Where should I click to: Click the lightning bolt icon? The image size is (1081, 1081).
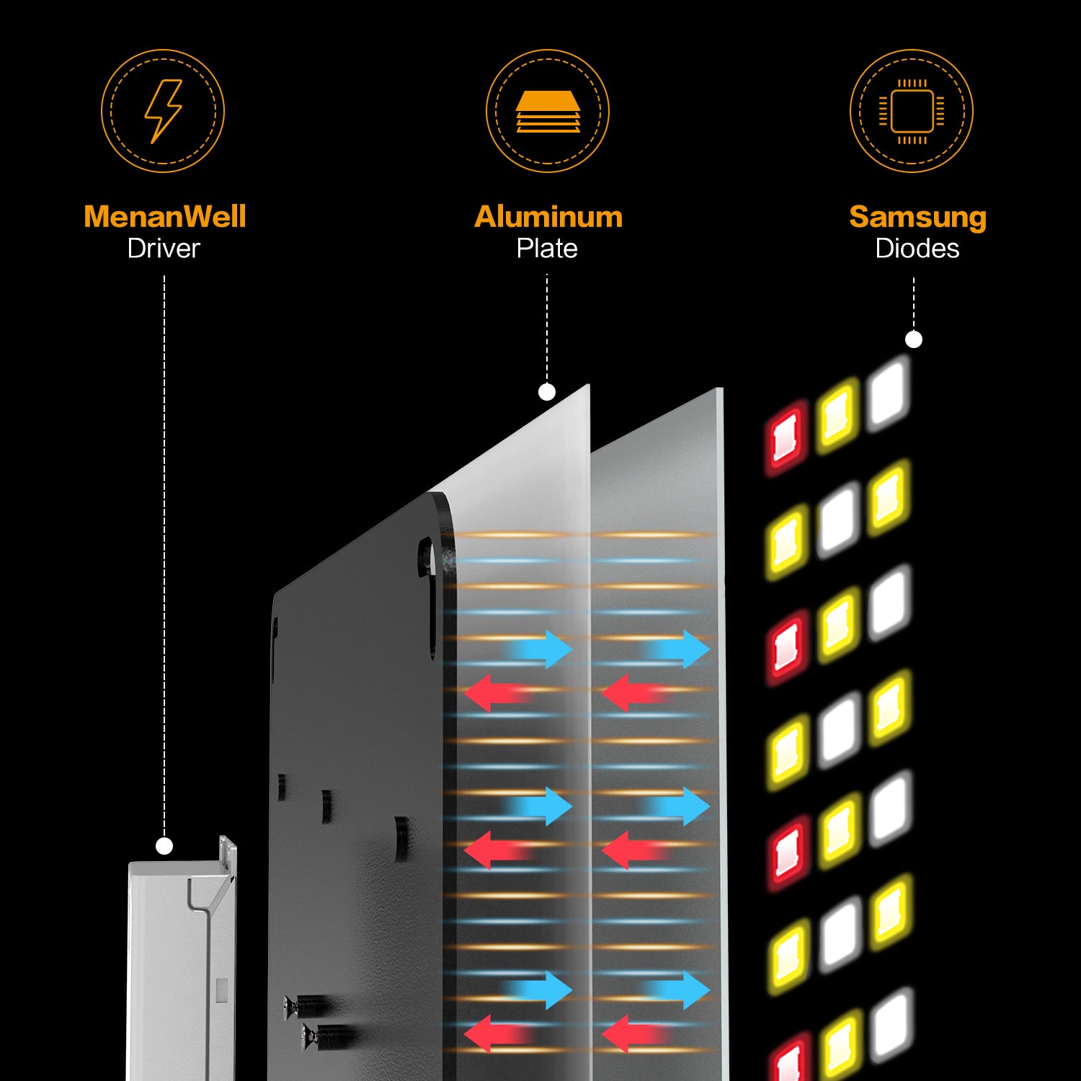(x=164, y=111)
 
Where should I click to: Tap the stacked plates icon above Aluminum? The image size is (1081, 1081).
(x=548, y=112)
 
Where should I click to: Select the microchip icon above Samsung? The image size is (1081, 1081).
(x=912, y=112)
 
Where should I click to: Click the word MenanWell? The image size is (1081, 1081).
(x=164, y=216)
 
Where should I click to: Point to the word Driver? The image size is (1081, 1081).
(x=164, y=249)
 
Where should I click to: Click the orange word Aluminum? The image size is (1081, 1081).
(x=548, y=216)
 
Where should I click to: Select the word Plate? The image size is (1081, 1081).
(x=547, y=249)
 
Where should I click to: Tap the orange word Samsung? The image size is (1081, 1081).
(x=917, y=216)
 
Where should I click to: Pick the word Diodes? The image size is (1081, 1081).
(x=917, y=249)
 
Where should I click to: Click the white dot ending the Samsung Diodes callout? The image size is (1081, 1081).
(x=914, y=339)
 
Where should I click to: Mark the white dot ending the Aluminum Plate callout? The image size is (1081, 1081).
(x=547, y=392)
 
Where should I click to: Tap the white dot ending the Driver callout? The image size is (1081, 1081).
(x=164, y=846)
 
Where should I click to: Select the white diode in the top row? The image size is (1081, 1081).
(x=889, y=393)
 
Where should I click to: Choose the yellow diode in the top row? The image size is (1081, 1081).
(x=838, y=416)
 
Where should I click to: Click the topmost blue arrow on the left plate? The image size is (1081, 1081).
(x=542, y=649)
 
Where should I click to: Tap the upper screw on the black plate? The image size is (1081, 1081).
(x=310, y=1005)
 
